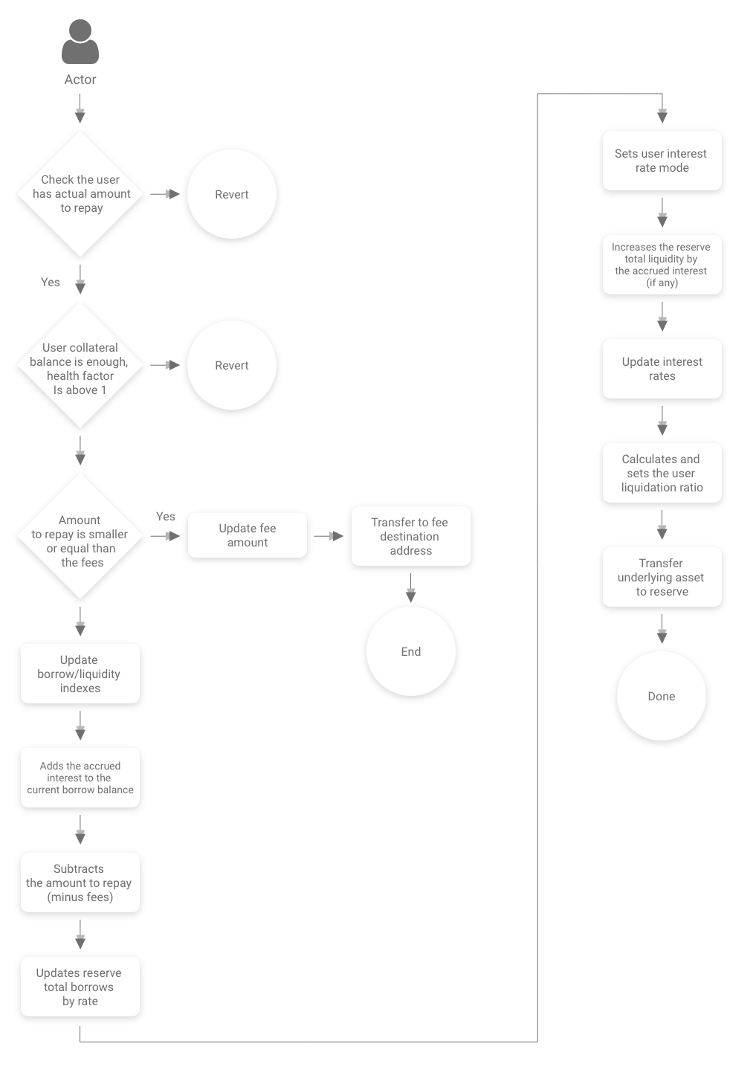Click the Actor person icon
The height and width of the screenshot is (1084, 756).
[80, 42]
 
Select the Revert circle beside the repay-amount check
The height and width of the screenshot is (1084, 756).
[232, 194]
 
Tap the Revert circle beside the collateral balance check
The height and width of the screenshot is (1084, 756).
[232, 365]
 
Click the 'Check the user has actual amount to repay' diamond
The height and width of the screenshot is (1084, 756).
[80, 194]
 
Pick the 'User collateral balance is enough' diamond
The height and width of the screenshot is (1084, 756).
[80, 365]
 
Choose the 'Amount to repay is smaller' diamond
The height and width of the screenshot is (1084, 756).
[80, 536]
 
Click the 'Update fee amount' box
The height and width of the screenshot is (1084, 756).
[248, 535]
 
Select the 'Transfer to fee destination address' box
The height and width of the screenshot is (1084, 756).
[411, 536]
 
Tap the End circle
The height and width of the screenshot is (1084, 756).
[411, 651]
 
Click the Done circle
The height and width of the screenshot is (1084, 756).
[661, 696]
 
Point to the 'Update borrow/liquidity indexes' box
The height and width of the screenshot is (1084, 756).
[80, 674]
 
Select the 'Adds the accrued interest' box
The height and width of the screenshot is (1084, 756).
[80, 778]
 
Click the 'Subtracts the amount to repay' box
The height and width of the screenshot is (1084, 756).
[80, 883]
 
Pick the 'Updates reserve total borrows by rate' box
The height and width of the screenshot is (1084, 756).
[80, 987]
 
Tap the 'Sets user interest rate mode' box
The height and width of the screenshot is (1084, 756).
[662, 161]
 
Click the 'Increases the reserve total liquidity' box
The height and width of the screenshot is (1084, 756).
[662, 265]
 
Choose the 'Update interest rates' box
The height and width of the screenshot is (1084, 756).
[662, 369]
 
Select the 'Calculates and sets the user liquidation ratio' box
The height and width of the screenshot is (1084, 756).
[662, 473]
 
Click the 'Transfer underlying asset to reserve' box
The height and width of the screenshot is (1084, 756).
[662, 577]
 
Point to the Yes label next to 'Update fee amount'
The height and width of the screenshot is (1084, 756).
[166, 517]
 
